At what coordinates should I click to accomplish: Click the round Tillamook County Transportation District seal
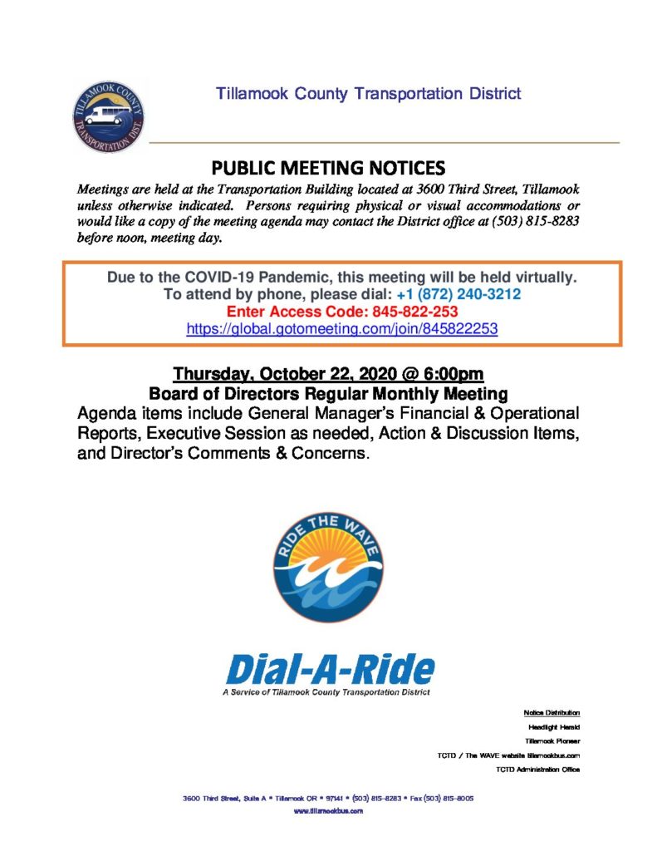pyautogui.click(x=108, y=116)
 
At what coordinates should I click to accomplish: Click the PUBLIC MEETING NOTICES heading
pyautogui.click(x=328, y=167)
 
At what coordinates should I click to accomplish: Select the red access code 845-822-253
pyautogui.click(x=412, y=311)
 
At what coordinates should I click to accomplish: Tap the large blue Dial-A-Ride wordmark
pyautogui.click(x=330, y=669)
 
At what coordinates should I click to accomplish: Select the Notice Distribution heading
pyautogui.click(x=552, y=712)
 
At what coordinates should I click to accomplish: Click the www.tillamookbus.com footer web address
pyautogui.click(x=329, y=810)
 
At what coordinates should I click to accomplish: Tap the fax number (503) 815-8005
pyautogui.click(x=449, y=797)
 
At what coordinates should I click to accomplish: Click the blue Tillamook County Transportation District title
pyautogui.click(x=369, y=93)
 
